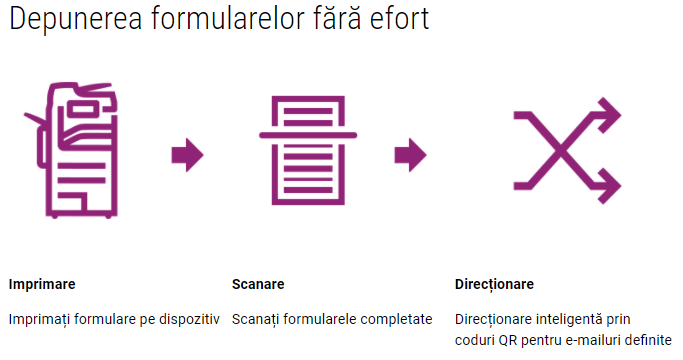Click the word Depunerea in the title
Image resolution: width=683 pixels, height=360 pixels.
(x=76, y=20)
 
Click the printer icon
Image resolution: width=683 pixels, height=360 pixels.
(x=72, y=150)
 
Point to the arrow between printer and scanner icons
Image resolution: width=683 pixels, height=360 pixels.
(x=187, y=155)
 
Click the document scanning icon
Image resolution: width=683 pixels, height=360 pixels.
(x=308, y=150)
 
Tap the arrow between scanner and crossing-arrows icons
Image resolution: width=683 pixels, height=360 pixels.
(x=410, y=155)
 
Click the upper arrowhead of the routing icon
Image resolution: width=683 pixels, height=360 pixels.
(x=611, y=115)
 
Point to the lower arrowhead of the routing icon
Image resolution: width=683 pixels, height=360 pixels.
(x=611, y=186)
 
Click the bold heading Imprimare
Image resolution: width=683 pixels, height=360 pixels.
(x=42, y=284)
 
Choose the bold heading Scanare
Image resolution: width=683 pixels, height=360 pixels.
(x=258, y=284)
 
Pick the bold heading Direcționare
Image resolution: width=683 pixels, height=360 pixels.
(x=494, y=285)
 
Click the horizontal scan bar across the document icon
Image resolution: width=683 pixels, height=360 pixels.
(x=308, y=135)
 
